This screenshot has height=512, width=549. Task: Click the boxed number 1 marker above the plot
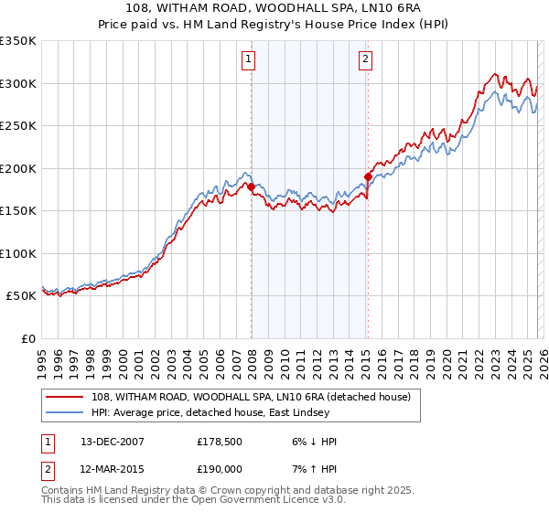point(248,60)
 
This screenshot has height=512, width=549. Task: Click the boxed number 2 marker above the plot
point(365,60)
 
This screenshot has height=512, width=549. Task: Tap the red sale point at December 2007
point(251,187)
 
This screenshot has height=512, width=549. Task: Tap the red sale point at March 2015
point(368,176)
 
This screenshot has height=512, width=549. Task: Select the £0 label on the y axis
point(27,338)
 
